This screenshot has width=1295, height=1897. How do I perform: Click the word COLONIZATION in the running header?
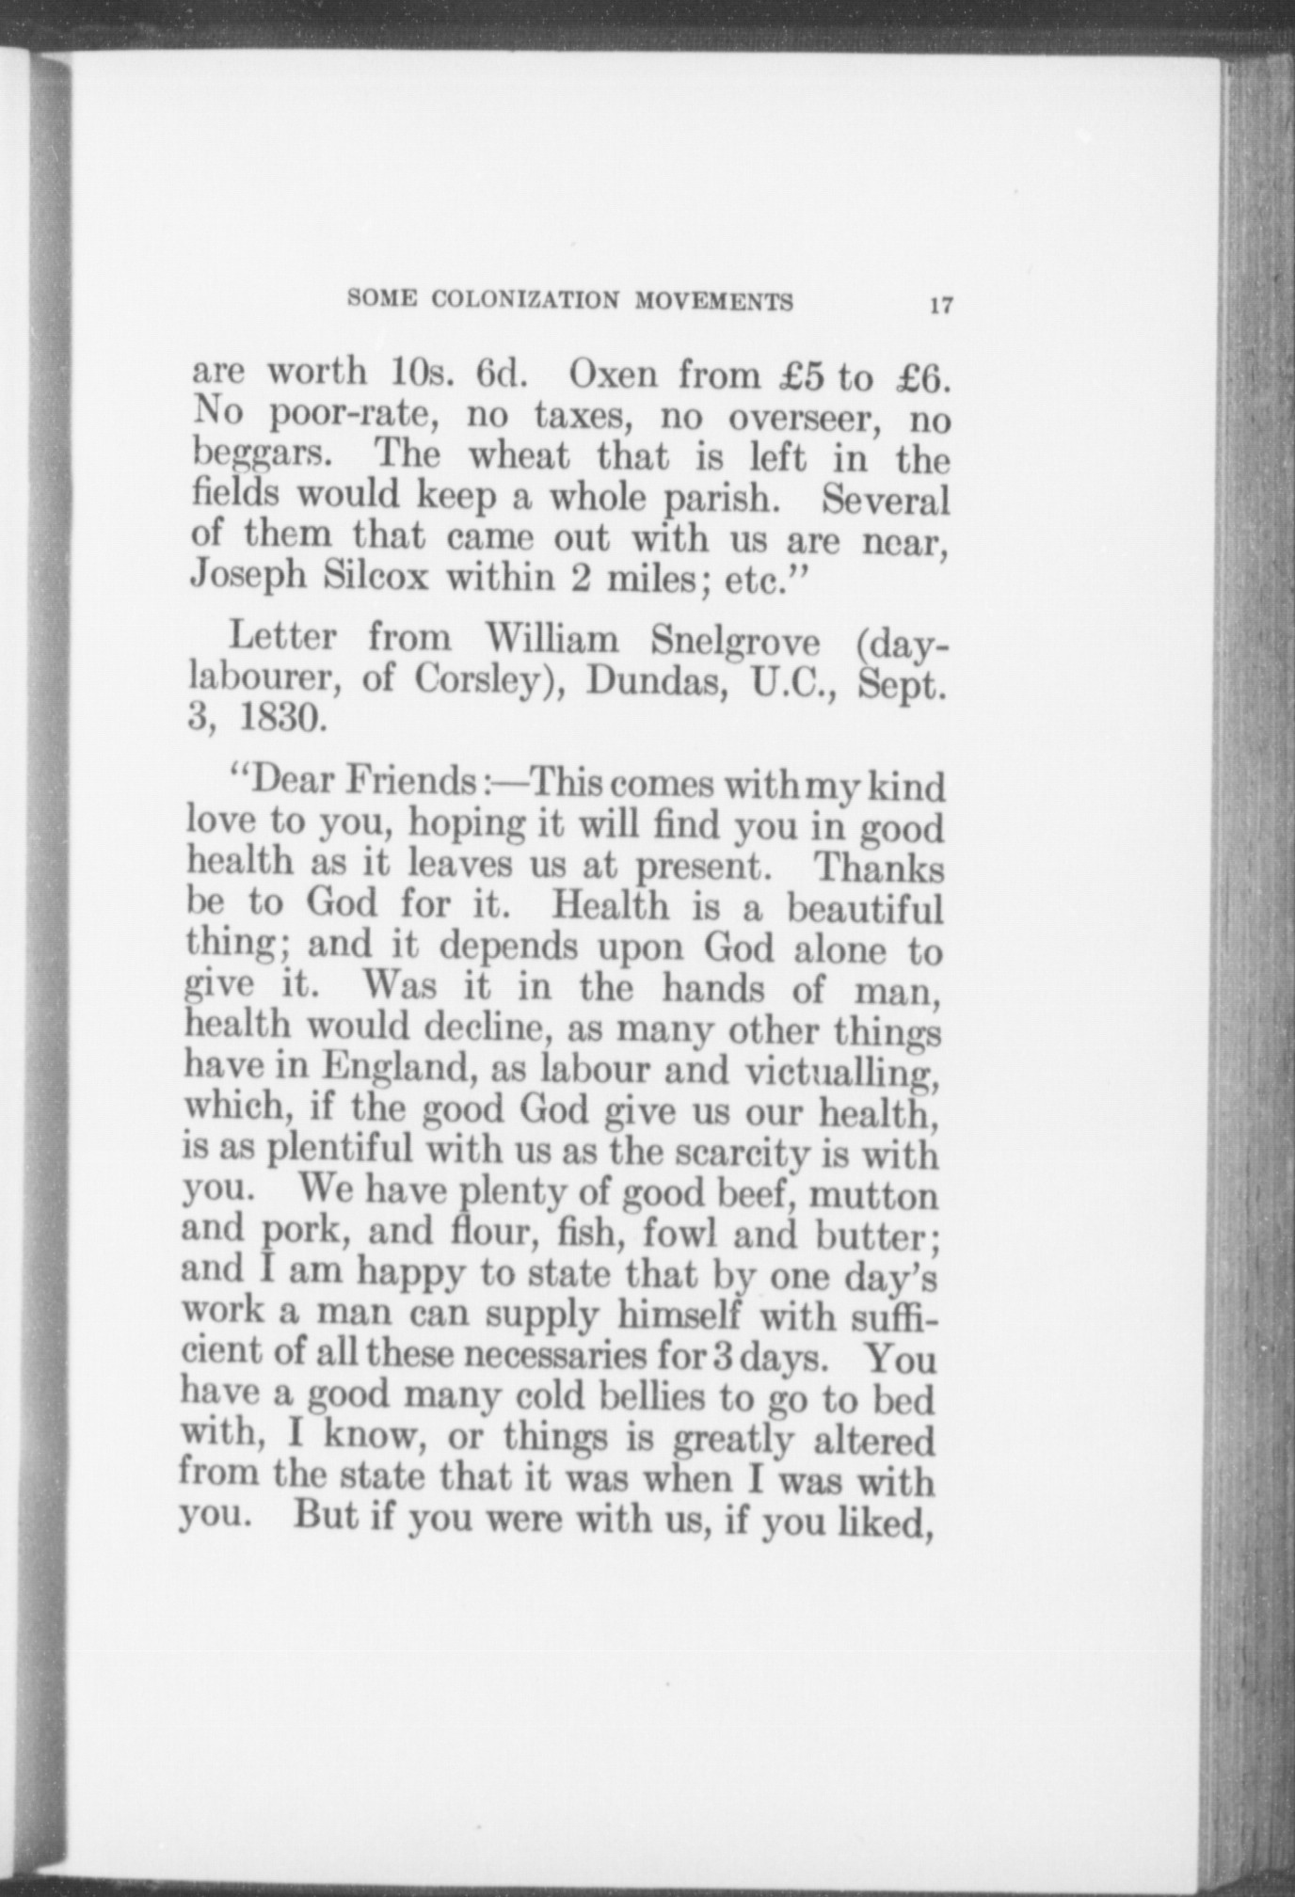tap(525, 300)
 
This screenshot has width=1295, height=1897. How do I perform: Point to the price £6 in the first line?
tap(917, 378)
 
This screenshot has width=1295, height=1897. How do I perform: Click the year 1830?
tap(280, 720)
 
